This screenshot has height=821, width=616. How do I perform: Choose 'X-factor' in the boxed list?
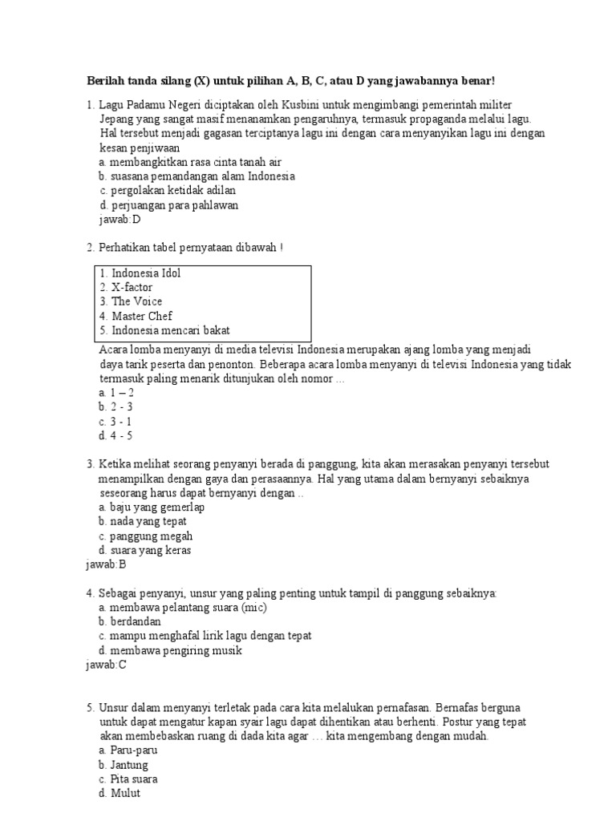click(132, 288)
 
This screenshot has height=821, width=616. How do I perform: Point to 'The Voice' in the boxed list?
click(136, 302)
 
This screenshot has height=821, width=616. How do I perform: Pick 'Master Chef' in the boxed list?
click(141, 317)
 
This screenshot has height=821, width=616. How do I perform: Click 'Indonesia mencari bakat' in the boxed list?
click(170, 330)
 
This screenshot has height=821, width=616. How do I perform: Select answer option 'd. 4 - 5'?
click(115, 436)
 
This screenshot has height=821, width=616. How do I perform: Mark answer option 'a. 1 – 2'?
click(116, 393)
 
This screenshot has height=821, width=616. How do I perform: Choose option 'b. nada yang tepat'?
click(143, 522)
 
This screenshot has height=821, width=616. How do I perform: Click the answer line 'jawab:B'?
click(106, 564)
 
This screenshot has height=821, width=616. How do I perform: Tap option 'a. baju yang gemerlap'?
click(152, 508)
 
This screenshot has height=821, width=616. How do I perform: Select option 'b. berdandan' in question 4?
click(130, 621)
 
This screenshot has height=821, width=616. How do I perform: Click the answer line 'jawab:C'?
click(106, 665)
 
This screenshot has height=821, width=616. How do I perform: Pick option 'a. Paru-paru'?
click(128, 750)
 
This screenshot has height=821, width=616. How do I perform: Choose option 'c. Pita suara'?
click(128, 779)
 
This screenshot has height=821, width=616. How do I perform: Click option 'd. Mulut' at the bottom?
click(120, 794)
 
